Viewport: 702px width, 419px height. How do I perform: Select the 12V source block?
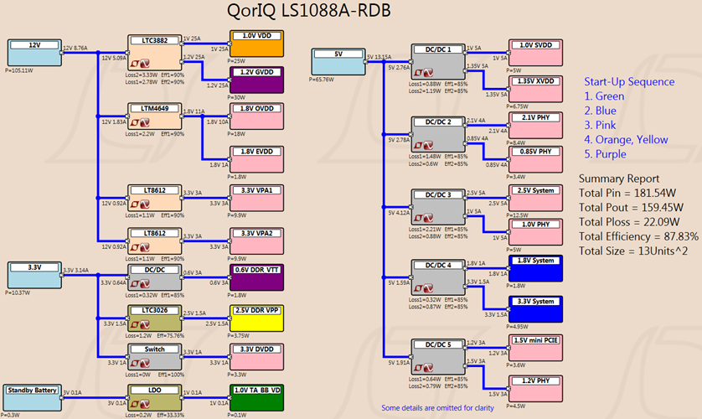tap(34, 53)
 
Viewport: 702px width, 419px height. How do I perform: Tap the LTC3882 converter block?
tap(155, 52)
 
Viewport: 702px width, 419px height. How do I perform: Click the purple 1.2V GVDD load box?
tap(256, 80)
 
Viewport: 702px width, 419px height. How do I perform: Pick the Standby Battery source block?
tap(34, 396)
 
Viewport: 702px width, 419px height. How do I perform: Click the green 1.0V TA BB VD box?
tap(256, 396)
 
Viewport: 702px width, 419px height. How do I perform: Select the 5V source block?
tap(338, 61)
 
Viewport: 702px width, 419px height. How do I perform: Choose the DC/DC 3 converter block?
tap(438, 206)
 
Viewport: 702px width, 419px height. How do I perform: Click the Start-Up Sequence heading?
tap(629, 81)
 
